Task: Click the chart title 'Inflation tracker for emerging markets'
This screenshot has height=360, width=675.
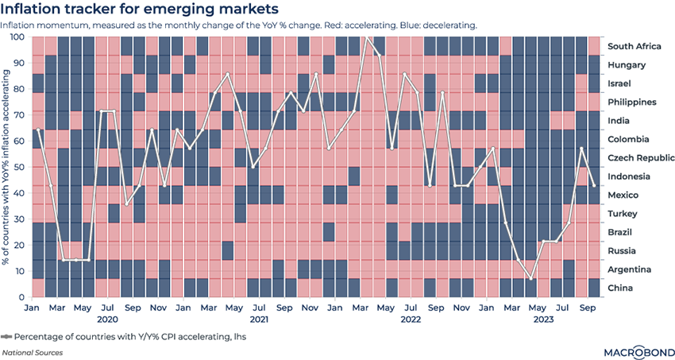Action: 141,10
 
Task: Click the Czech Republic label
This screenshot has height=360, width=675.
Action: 642,158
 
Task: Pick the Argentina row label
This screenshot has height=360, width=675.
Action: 632,269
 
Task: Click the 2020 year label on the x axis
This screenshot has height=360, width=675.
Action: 106,319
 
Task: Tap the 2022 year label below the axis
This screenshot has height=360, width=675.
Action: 410,319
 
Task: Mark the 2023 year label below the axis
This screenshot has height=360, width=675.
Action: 543,319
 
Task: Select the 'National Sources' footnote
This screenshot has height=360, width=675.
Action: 32,351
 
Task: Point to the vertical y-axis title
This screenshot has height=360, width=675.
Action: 7,167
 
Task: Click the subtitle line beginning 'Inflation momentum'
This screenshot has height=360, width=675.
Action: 238,25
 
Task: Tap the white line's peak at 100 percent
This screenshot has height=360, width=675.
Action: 366,37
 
